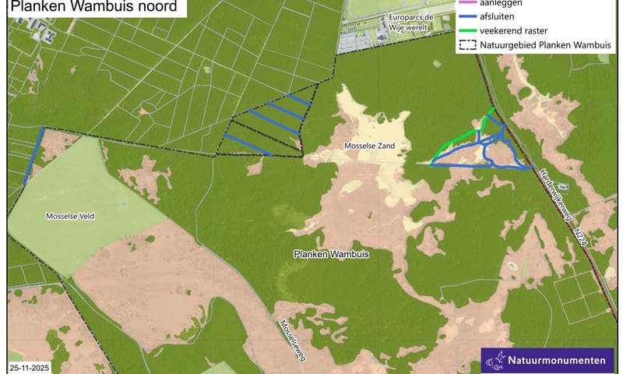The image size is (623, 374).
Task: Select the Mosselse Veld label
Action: tap(70, 215)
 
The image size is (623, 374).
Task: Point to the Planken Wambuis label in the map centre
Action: tap(331, 254)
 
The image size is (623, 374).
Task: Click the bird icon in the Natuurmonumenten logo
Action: tap(495, 360)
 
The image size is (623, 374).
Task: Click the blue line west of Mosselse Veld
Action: tap(34, 156)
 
